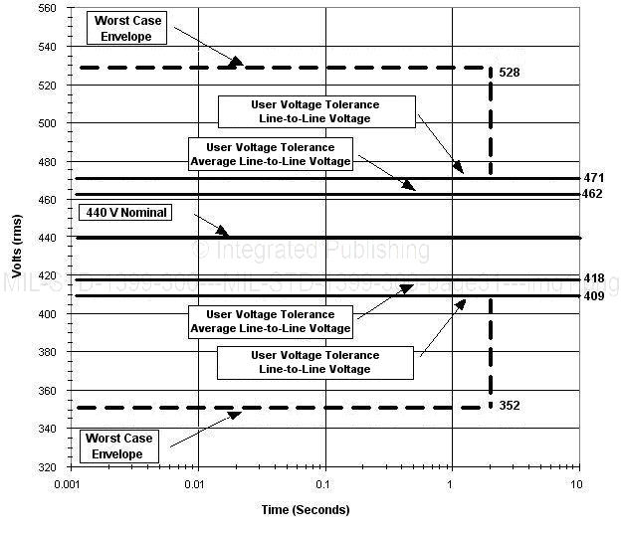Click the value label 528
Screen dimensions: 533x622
click(509, 74)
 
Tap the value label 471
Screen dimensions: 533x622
click(594, 177)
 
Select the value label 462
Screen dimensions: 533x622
click(594, 194)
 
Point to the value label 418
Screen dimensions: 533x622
click(594, 279)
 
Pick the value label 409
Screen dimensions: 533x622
click(594, 296)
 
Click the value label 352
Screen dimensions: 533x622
click(509, 405)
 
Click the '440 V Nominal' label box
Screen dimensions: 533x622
click(123, 213)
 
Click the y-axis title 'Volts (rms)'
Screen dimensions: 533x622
click(18, 238)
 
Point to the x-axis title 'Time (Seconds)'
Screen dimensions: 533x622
click(305, 510)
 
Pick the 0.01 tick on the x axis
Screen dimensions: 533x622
click(198, 483)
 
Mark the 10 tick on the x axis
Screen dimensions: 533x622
click(576, 483)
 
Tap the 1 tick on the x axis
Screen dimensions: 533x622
click(451, 483)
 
